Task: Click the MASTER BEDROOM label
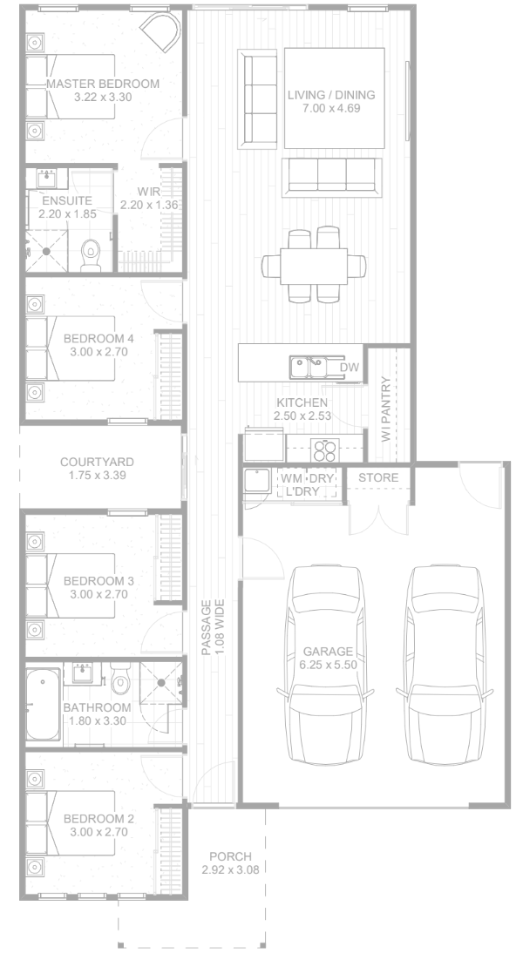tap(103, 84)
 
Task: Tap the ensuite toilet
tap(91, 255)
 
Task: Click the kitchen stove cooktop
tap(325, 450)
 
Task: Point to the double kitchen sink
tap(309, 368)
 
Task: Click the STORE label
tap(378, 477)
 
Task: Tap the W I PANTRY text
tap(386, 409)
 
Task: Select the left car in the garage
tap(324, 666)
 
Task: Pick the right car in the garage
tap(445, 666)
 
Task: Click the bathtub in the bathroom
tap(43, 705)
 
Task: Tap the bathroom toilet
tap(120, 679)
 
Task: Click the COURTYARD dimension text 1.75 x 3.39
tap(97, 475)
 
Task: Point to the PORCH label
tap(230, 856)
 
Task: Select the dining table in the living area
tap(314, 266)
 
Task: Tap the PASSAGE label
tap(207, 627)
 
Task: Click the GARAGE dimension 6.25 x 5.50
tap(329, 665)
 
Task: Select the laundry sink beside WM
tap(257, 481)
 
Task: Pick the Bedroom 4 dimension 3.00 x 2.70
tap(98, 352)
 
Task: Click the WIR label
tap(149, 192)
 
